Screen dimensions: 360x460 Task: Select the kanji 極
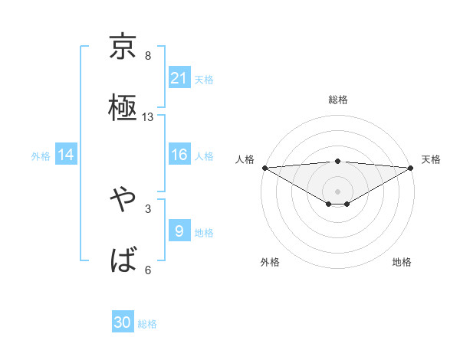[123, 106]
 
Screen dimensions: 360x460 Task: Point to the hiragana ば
[123, 260]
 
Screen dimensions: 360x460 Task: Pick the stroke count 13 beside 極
[148, 117]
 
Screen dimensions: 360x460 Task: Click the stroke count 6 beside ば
[148, 270]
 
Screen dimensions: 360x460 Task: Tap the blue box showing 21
[179, 78]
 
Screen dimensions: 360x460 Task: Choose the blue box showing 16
[179, 155]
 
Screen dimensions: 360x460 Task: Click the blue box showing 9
[179, 231]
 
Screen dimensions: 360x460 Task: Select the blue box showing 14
[66, 155]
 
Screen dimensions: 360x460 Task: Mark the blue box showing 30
[123, 323]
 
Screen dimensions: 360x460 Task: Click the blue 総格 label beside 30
[148, 325]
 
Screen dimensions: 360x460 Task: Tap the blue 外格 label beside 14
[41, 156]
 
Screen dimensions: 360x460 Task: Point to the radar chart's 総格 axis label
[337, 100]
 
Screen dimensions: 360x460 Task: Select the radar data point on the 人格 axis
[264, 168]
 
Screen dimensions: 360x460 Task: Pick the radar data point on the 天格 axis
[411, 168]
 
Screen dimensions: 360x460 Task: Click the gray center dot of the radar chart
[337, 191]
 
